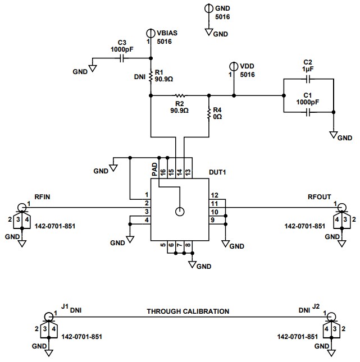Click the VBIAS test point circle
(x=151, y=33)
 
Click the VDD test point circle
(x=234, y=66)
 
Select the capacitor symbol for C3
(x=121, y=58)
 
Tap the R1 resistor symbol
(x=151, y=77)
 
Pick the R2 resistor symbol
(x=180, y=95)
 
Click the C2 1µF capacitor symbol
(x=308, y=79)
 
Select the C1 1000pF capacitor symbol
(x=308, y=113)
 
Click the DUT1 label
(x=218, y=173)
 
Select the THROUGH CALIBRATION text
(x=188, y=311)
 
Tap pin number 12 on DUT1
(x=214, y=195)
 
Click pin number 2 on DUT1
(x=147, y=203)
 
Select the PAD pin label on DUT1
(x=154, y=170)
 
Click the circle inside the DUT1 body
(x=180, y=212)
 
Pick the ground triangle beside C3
(x=93, y=68)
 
